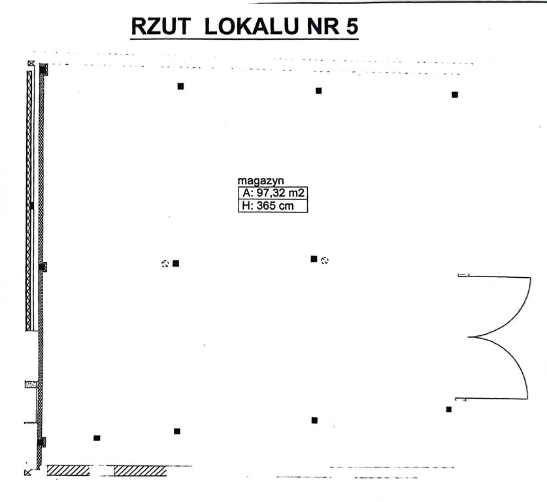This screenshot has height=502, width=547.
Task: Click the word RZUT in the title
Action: (161, 26)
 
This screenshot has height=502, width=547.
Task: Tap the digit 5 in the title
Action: (352, 27)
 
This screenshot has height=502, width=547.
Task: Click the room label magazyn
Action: (261, 180)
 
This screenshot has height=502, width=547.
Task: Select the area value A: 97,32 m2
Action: (273, 193)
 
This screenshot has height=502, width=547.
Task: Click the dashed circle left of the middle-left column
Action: (165, 263)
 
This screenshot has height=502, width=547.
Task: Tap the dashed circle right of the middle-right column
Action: (324, 260)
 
